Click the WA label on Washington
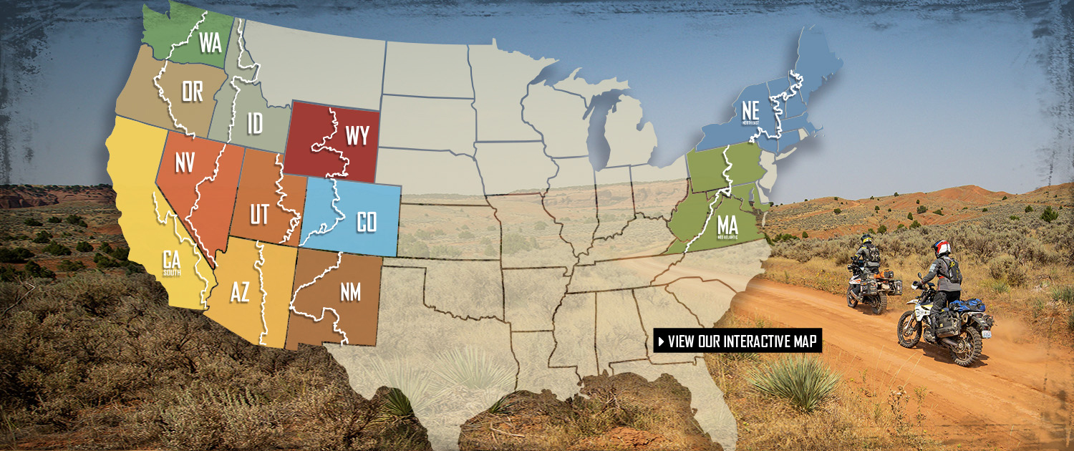[x=210, y=43]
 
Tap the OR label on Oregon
[x=192, y=91]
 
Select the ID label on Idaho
[x=254, y=123]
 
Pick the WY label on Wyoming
[x=356, y=135]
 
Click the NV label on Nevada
[x=184, y=163]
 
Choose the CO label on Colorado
[x=366, y=222]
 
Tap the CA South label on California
[x=172, y=261]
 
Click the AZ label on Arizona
[x=240, y=292]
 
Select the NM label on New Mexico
[x=350, y=292]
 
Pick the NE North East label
[x=742, y=112]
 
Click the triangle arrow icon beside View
[x=661, y=341]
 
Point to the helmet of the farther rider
[x=867, y=241]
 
